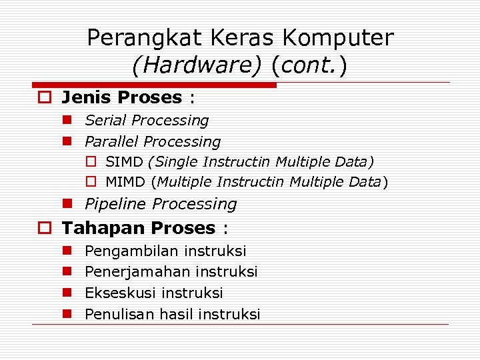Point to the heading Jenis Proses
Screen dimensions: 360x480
coord(121,97)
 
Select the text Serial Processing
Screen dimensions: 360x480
coord(147,121)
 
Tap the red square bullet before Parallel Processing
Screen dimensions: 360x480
coord(67,141)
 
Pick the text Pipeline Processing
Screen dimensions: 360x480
coord(161,204)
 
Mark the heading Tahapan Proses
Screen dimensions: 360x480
coord(138,228)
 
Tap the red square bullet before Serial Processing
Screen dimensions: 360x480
coord(67,121)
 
